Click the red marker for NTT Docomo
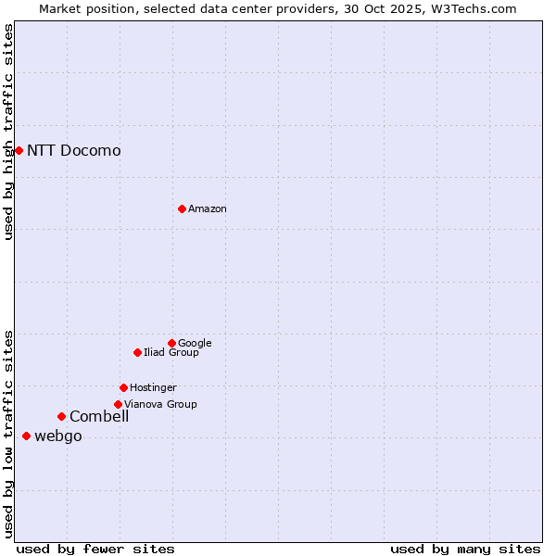(19, 150)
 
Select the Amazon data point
(182, 208)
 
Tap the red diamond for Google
(171, 343)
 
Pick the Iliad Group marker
(137, 352)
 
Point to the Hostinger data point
(123, 387)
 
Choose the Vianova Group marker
(118, 404)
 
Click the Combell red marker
(61, 416)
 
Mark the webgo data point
(26, 436)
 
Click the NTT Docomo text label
(74, 150)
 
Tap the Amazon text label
(208, 208)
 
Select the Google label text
(195, 343)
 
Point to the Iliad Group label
(171, 352)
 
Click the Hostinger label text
(153, 387)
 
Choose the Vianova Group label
(160, 404)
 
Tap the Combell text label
(99, 416)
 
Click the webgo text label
(58, 436)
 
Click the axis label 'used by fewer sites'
(95, 549)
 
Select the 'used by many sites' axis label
(465, 549)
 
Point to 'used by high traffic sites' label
(8, 132)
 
